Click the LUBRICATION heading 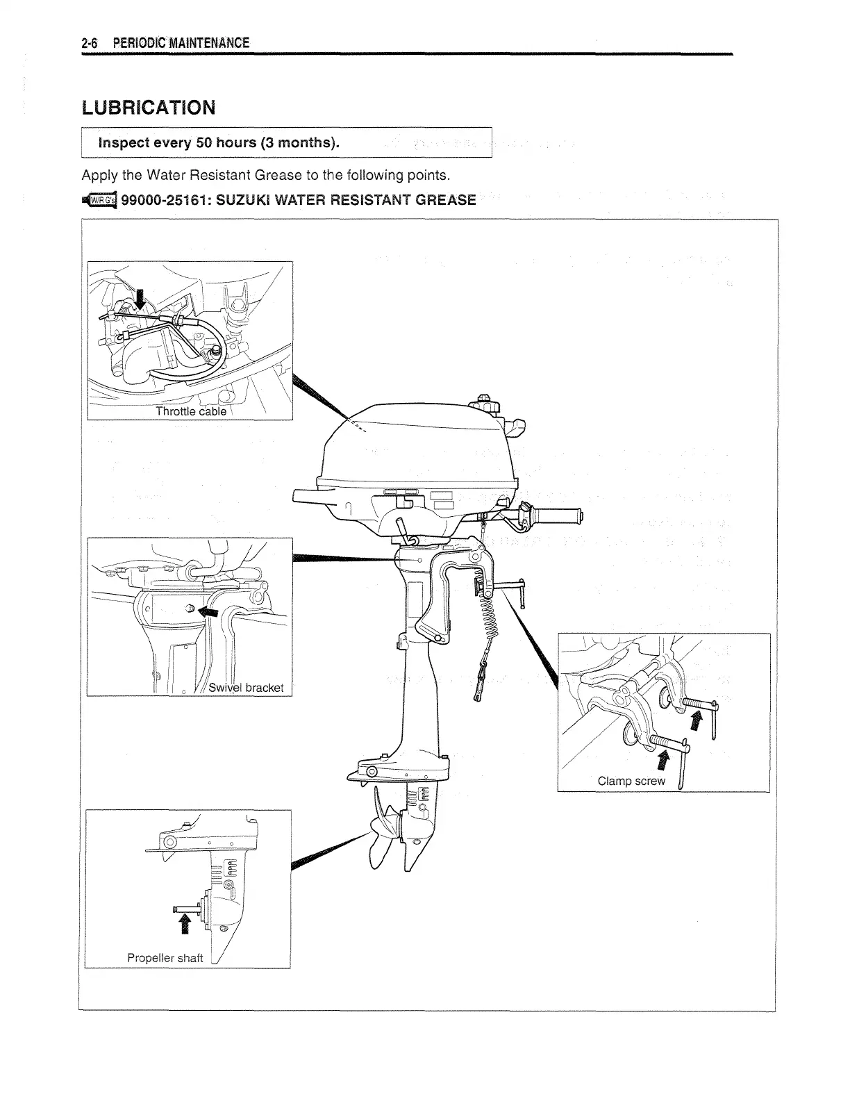pyautogui.click(x=149, y=108)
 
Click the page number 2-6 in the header pyautogui.click(x=88, y=43)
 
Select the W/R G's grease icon pyautogui.click(x=101, y=201)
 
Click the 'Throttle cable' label pyautogui.click(x=191, y=411)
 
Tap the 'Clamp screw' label pyautogui.click(x=631, y=781)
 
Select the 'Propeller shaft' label pyautogui.click(x=165, y=958)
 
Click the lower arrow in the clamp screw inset pyautogui.click(x=662, y=761)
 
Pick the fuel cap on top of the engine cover pyautogui.click(x=483, y=403)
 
